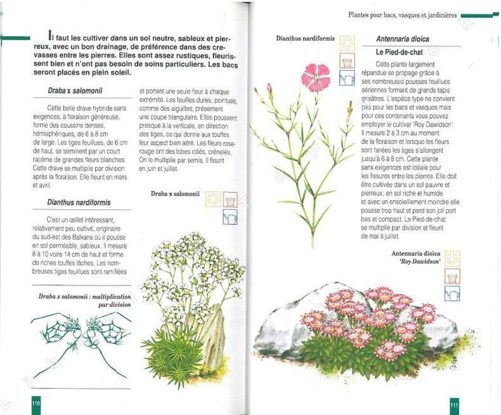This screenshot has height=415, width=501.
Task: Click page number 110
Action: (x=36, y=403)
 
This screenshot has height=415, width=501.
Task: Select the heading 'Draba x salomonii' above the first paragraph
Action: (x=75, y=91)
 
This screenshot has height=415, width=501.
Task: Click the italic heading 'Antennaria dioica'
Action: (x=402, y=39)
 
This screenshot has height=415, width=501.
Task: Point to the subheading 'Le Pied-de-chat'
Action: (x=399, y=52)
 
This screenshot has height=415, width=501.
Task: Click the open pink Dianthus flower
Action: (x=315, y=77)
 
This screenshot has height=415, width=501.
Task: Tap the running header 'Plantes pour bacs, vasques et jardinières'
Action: (x=403, y=15)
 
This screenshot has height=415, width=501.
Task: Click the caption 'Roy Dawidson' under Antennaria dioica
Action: (x=420, y=262)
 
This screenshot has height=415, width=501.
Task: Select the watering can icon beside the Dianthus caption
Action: (x=347, y=78)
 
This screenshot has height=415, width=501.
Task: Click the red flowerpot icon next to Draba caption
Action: (x=230, y=200)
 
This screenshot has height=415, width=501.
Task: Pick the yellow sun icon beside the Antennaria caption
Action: (x=452, y=259)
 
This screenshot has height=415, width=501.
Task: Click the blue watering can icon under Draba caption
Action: (x=230, y=217)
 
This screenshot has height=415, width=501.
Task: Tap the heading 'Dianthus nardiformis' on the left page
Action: (x=79, y=202)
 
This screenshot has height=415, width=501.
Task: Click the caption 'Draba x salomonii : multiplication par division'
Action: (x=85, y=300)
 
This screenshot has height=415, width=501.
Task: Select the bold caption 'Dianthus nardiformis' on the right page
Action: (x=306, y=38)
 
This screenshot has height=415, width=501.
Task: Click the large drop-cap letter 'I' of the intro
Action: (x=50, y=34)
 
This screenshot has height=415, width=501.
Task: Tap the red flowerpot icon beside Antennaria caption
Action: (x=452, y=276)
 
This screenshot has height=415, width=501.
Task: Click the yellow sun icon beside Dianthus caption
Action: (x=347, y=43)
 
